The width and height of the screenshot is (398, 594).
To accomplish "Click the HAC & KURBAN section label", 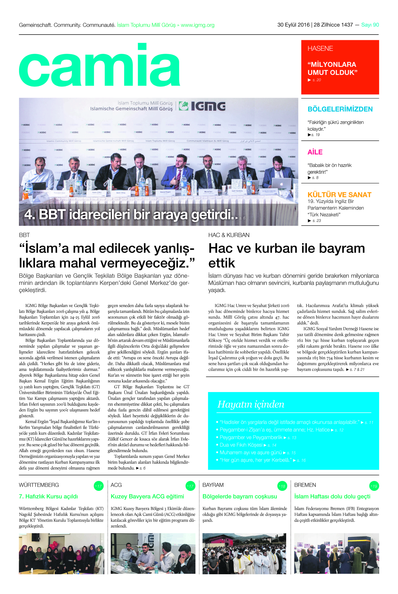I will [x=229, y=235].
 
